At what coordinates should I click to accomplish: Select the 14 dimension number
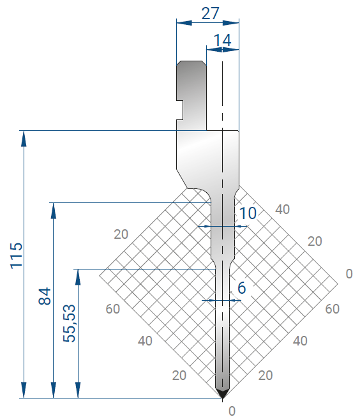tap(222, 40)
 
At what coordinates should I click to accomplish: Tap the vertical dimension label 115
tap(17, 255)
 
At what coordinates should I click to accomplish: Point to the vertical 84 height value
tap(45, 296)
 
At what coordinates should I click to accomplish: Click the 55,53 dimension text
tap(69, 323)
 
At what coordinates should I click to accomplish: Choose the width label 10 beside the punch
tap(248, 213)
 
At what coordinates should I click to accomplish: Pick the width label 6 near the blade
tap(241, 288)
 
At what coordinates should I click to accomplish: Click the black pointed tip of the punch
tap(222, 394)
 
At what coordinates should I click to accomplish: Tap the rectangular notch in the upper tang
tap(180, 110)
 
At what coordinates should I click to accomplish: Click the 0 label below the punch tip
tap(232, 411)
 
